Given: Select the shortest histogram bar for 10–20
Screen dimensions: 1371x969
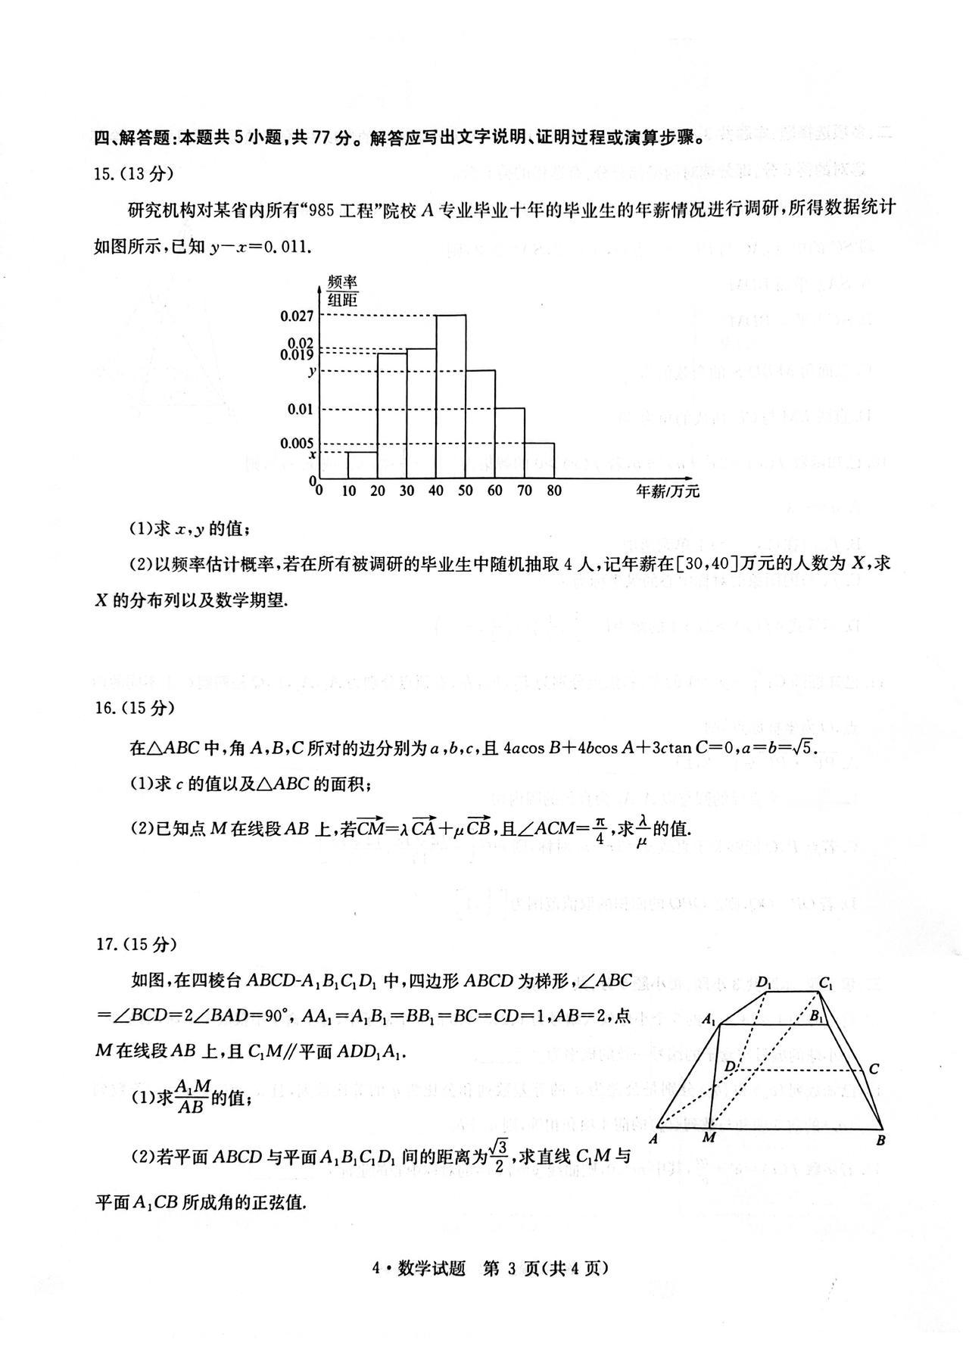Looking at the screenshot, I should (x=363, y=466).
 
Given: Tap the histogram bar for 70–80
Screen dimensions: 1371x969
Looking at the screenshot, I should (x=539, y=460).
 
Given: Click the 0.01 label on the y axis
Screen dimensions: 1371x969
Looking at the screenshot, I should (x=301, y=410).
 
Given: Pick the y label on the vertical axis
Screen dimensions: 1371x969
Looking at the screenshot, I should (x=310, y=371).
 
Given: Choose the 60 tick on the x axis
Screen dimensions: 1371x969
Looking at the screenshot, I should (x=495, y=491).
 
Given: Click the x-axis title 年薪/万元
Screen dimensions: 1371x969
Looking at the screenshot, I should (x=667, y=491).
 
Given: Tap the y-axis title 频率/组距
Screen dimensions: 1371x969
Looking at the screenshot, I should (x=342, y=290).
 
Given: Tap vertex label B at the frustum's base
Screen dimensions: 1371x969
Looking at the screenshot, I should (x=881, y=1139).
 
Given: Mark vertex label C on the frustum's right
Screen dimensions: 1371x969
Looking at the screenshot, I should (x=874, y=1069).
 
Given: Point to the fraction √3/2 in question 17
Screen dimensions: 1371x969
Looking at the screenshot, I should (x=497, y=1155).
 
